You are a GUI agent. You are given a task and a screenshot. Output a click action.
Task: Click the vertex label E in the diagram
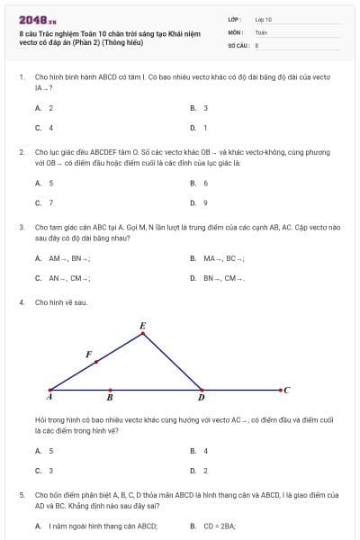click(x=142, y=325)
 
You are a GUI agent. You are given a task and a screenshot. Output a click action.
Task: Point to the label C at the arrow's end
click(x=286, y=390)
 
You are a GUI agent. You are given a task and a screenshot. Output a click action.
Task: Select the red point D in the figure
click(x=202, y=391)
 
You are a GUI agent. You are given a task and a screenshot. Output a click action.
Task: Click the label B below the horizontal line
click(x=110, y=397)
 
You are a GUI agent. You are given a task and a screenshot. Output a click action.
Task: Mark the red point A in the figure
click(x=49, y=391)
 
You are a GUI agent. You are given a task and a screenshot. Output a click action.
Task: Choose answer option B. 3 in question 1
click(x=199, y=108)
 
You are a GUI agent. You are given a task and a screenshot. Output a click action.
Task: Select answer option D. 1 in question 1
click(x=199, y=128)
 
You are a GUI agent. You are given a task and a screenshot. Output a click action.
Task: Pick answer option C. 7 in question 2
click(x=44, y=202)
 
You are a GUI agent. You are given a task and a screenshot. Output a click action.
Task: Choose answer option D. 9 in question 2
click(x=199, y=202)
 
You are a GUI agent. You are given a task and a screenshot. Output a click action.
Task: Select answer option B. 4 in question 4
click(x=199, y=450)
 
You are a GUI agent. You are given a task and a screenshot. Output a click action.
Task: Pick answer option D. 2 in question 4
click(x=199, y=470)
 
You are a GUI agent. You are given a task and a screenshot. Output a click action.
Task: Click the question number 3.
click(x=21, y=227)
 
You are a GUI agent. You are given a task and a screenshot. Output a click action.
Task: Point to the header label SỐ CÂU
click(x=237, y=44)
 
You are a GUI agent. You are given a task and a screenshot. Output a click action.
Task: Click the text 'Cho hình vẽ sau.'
click(x=60, y=302)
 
